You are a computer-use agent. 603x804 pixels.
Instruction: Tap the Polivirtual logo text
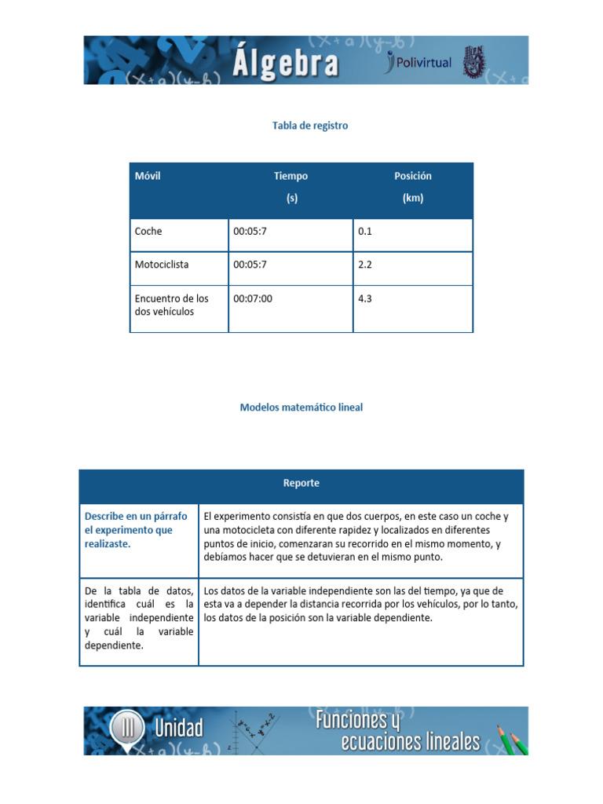[422, 63]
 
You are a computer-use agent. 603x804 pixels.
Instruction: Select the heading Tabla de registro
[309, 126]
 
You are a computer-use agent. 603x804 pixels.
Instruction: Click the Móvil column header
[148, 176]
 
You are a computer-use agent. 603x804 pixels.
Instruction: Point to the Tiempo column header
[291, 177]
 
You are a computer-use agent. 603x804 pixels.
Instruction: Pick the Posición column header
[412, 177]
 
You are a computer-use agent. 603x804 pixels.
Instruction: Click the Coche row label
[148, 232]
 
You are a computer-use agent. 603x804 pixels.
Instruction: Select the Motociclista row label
[162, 265]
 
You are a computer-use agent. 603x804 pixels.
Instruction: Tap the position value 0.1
[365, 232]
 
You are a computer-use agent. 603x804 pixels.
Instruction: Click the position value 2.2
[365, 265]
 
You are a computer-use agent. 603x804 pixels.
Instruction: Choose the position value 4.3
[365, 298]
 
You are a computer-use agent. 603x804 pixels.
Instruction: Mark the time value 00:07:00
[253, 298]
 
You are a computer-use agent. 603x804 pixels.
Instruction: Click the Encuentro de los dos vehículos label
[171, 305]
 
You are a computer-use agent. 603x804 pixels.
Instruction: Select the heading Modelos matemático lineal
[301, 407]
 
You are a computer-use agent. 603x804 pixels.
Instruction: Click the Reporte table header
[301, 483]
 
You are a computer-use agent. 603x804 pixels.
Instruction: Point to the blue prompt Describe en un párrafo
[136, 516]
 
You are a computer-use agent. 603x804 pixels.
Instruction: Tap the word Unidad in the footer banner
[178, 729]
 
